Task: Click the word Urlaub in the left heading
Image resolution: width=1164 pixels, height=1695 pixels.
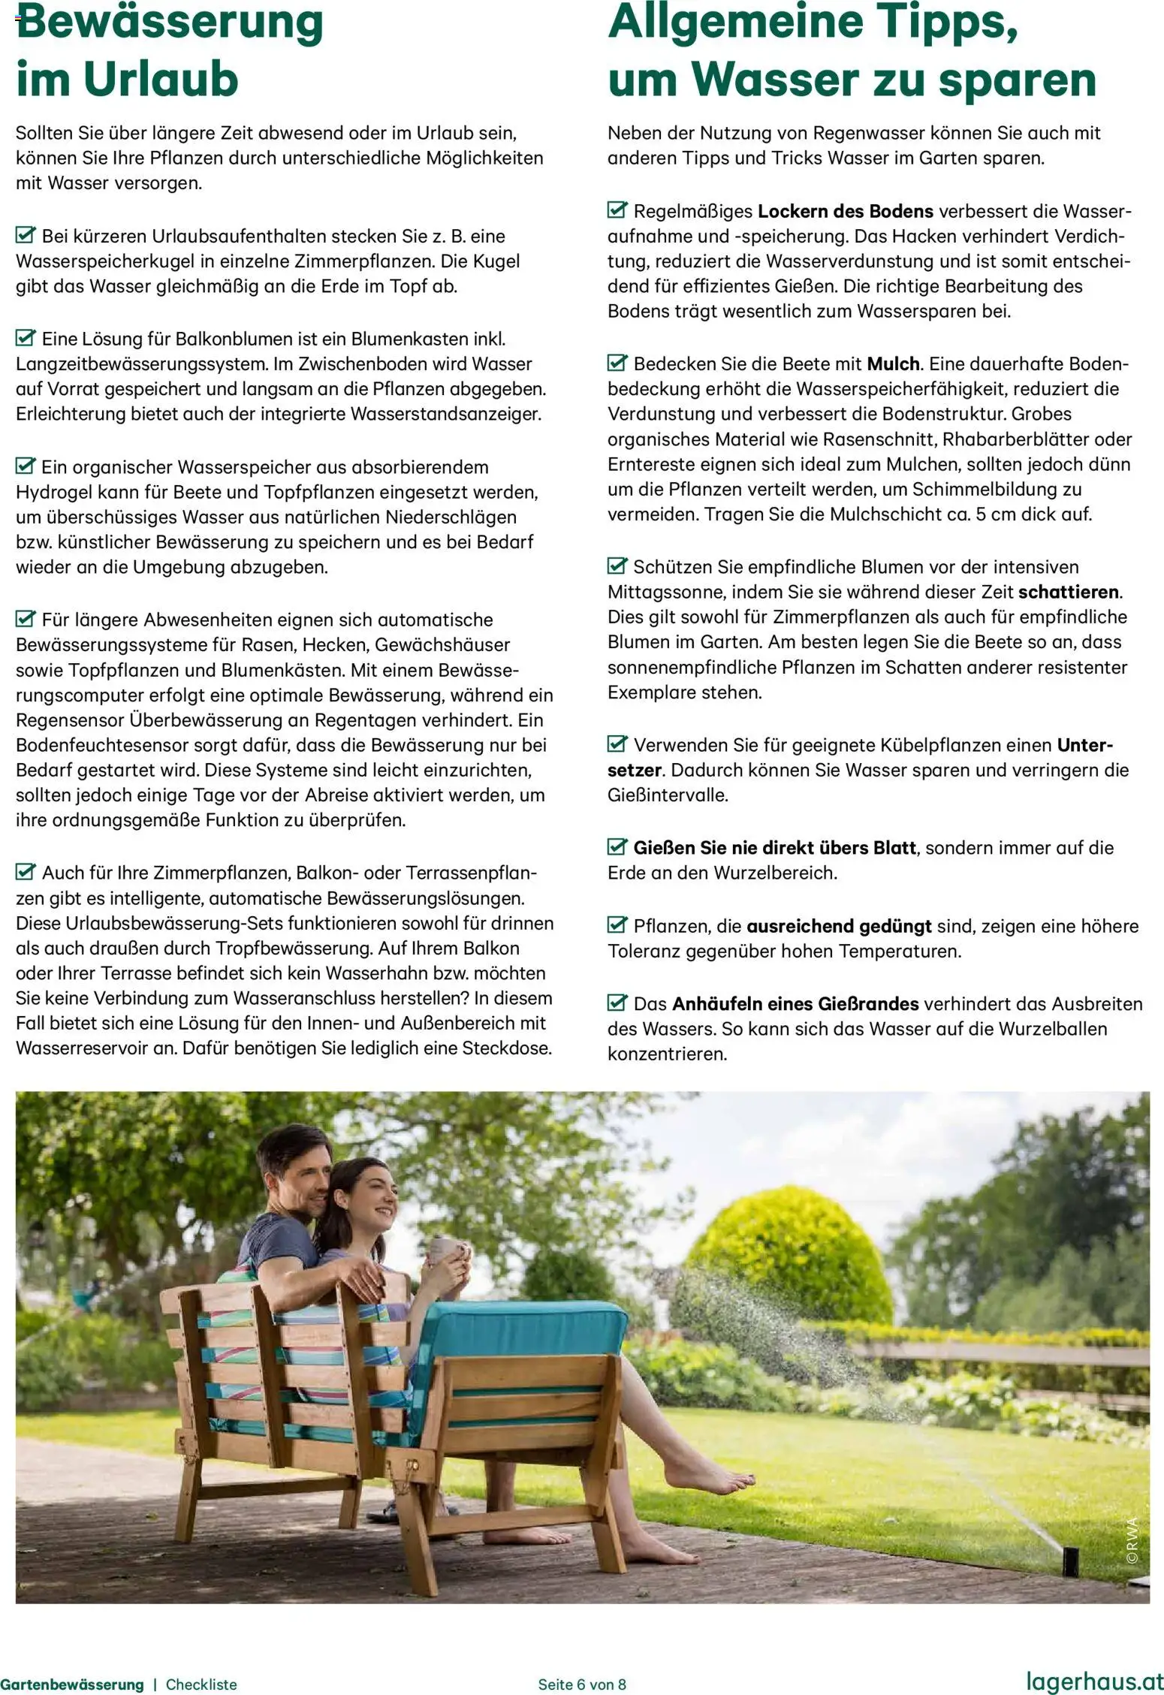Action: (x=161, y=80)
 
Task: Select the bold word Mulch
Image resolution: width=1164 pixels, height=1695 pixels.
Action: (x=893, y=364)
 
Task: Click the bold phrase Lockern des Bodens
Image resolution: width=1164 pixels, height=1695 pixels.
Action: (x=846, y=211)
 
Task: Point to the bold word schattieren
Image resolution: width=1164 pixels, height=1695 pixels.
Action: (x=1068, y=592)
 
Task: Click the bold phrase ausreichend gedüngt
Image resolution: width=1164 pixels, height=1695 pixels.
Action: (x=839, y=926)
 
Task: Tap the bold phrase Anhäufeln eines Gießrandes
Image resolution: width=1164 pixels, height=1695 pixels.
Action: (x=795, y=1004)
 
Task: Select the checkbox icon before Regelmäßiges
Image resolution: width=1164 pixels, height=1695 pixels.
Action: (x=617, y=210)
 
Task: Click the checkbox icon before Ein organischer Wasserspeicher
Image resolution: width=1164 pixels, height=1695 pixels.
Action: (x=26, y=466)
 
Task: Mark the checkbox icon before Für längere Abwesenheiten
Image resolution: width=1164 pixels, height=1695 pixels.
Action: (x=26, y=620)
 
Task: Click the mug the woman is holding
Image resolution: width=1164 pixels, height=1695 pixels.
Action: (x=443, y=1249)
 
